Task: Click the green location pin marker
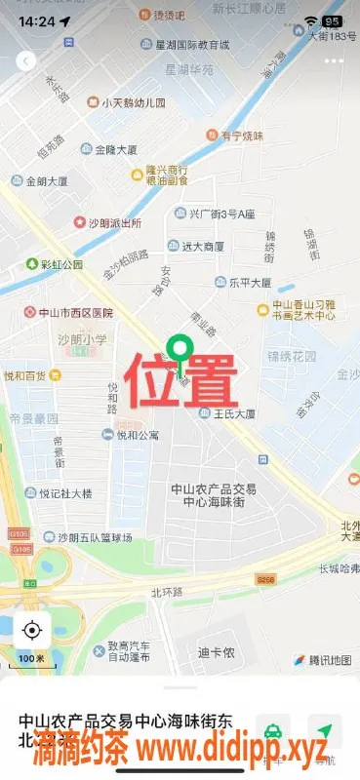tap(179, 348)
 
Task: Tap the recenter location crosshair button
tap(32, 629)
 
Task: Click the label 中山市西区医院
tap(68, 313)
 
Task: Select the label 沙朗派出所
tap(106, 223)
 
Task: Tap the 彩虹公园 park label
tap(54, 264)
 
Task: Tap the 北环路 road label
tap(167, 592)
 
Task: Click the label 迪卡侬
tap(216, 652)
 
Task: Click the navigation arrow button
tap(324, 730)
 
